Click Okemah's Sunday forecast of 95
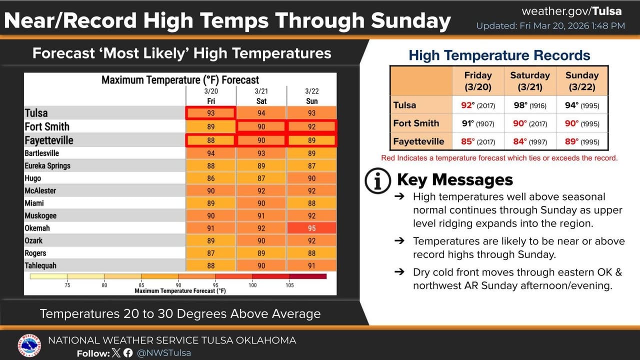pyautogui.click(x=311, y=228)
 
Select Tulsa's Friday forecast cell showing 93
pyautogui.click(x=210, y=113)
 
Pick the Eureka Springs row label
pyautogui.click(x=47, y=165)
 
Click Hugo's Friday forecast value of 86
pyautogui.click(x=210, y=178)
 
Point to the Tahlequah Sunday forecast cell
pyautogui.click(x=311, y=266)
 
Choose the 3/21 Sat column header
pyautogui.click(x=261, y=96)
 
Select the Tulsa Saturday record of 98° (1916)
pyautogui.click(x=529, y=105)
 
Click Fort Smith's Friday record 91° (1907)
pyautogui.click(x=477, y=123)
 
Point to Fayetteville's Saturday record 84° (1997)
pyautogui.click(x=529, y=141)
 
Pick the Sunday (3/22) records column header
pyautogui.click(x=581, y=81)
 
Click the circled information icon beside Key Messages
pyautogui.click(x=378, y=180)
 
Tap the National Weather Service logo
pyautogui.click(x=29, y=346)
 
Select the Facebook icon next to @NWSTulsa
pyautogui.click(x=128, y=353)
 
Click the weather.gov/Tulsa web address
pyautogui.click(x=571, y=11)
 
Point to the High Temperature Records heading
pyautogui.click(x=499, y=55)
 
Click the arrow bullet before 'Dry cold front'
pyautogui.click(x=399, y=272)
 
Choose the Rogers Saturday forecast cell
pyautogui.click(x=261, y=253)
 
